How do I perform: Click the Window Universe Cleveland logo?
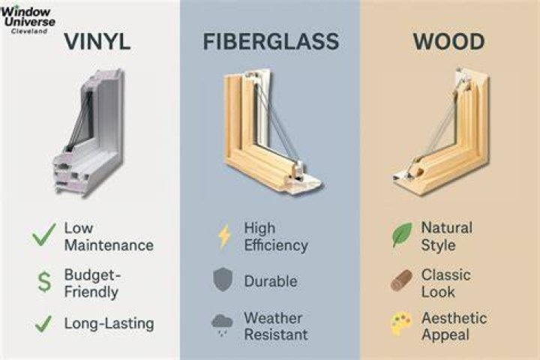coord(28,19)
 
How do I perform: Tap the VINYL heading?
coord(97,42)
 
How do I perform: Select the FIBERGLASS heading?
coord(271,42)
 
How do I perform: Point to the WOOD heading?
coord(448,42)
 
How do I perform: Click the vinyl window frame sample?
coord(88,133)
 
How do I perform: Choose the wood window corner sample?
coord(442,131)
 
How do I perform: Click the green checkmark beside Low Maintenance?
coord(43,235)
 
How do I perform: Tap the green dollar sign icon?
coord(44,282)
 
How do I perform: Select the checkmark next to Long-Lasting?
coord(43,324)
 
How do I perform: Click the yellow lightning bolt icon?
coord(224,236)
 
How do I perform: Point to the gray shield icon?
coord(223,280)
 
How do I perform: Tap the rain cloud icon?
coord(222,325)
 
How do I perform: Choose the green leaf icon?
coord(402,234)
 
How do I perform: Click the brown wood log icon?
coord(401,280)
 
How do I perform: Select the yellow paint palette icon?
coord(401,324)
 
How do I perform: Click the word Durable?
coord(271,281)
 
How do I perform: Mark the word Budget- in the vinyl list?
coord(93,275)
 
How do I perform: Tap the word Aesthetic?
coord(454,318)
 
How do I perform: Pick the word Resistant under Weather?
coord(276,334)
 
